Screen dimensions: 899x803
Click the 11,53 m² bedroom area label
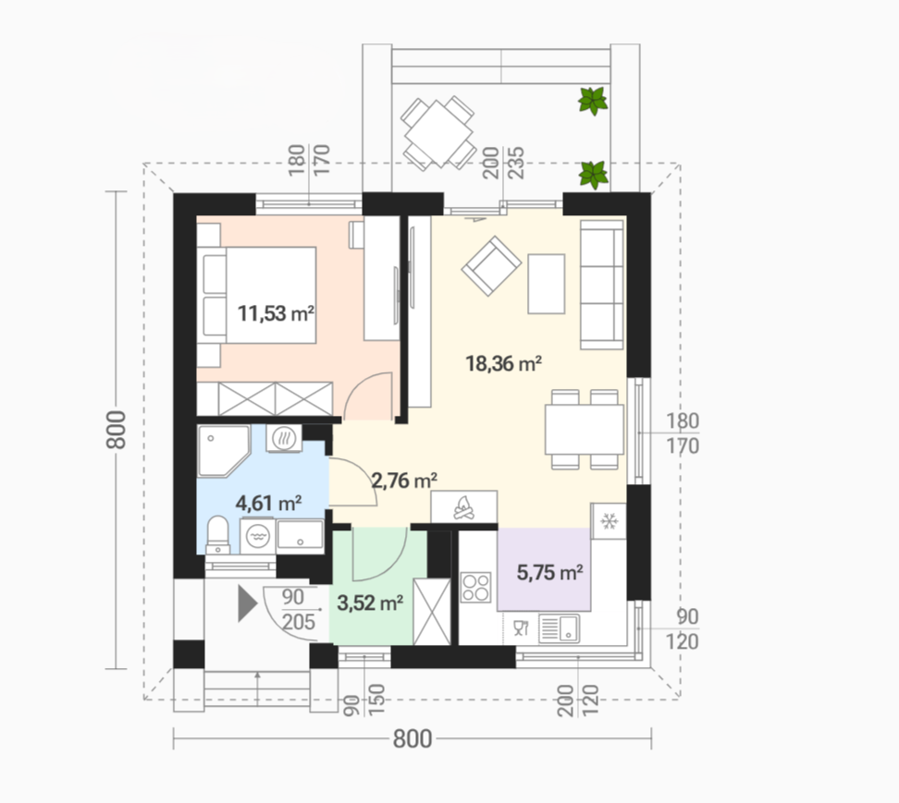[x=276, y=314]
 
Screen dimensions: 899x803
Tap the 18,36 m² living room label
[x=504, y=364]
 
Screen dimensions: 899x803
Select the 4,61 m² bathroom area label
[x=269, y=504]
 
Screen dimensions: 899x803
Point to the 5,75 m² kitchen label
[x=550, y=572]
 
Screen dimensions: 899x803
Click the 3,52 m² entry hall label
[x=370, y=602]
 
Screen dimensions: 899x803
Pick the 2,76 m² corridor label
[x=405, y=480]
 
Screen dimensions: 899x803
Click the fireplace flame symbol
[x=464, y=507]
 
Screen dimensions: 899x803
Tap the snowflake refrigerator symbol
[x=609, y=521]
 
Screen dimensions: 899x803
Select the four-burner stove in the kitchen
[x=476, y=587]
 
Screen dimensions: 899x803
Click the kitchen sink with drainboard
[x=559, y=628]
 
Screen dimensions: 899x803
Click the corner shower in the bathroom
[x=224, y=451]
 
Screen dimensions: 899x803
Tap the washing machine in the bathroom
[x=257, y=536]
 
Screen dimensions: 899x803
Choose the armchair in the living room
[x=491, y=266]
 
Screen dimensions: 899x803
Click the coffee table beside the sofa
[x=547, y=284]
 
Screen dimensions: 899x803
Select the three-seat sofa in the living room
[x=602, y=285]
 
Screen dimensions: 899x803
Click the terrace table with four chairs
[x=438, y=133]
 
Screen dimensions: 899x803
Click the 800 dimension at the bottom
[x=413, y=739]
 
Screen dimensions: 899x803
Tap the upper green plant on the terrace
[x=593, y=102]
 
